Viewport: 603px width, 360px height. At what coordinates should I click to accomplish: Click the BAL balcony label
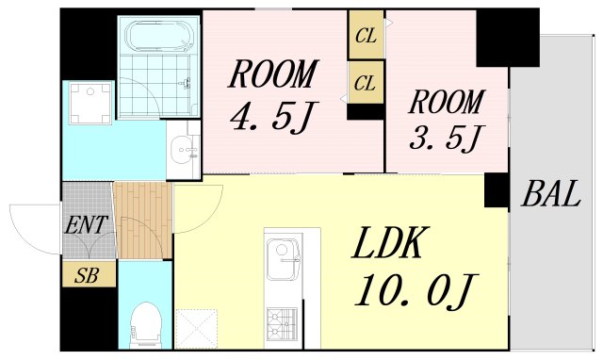pyautogui.click(x=550, y=195)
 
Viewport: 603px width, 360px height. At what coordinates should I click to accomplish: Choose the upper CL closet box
pyautogui.click(x=366, y=37)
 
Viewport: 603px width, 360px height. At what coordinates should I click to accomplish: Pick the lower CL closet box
pyautogui.click(x=366, y=82)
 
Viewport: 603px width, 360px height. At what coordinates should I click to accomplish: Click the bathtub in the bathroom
pyautogui.click(x=159, y=39)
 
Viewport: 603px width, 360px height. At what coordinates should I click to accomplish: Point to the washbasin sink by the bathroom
pyautogui.click(x=185, y=150)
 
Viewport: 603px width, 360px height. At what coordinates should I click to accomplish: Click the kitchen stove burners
pyautogui.click(x=282, y=325)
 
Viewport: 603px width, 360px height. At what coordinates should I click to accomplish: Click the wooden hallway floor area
pyautogui.click(x=143, y=221)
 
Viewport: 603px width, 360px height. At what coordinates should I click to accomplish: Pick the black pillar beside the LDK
pyautogui.click(x=496, y=191)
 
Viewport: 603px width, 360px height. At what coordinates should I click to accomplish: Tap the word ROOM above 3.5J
pyautogui.click(x=446, y=101)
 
